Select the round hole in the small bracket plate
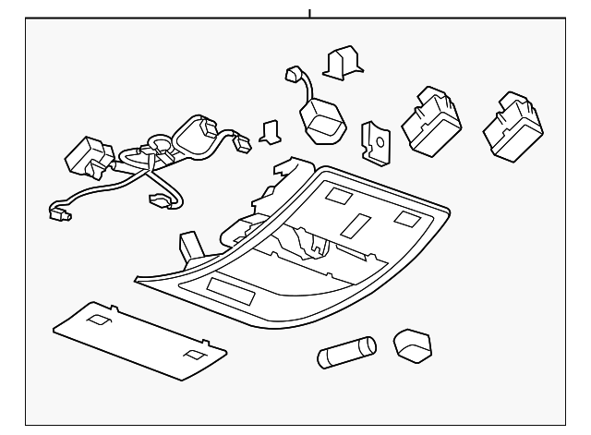(x=373, y=142)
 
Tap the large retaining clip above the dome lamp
(x=339, y=61)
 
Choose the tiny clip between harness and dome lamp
(x=271, y=132)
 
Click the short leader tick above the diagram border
(x=309, y=14)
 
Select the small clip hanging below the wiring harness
(x=158, y=199)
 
